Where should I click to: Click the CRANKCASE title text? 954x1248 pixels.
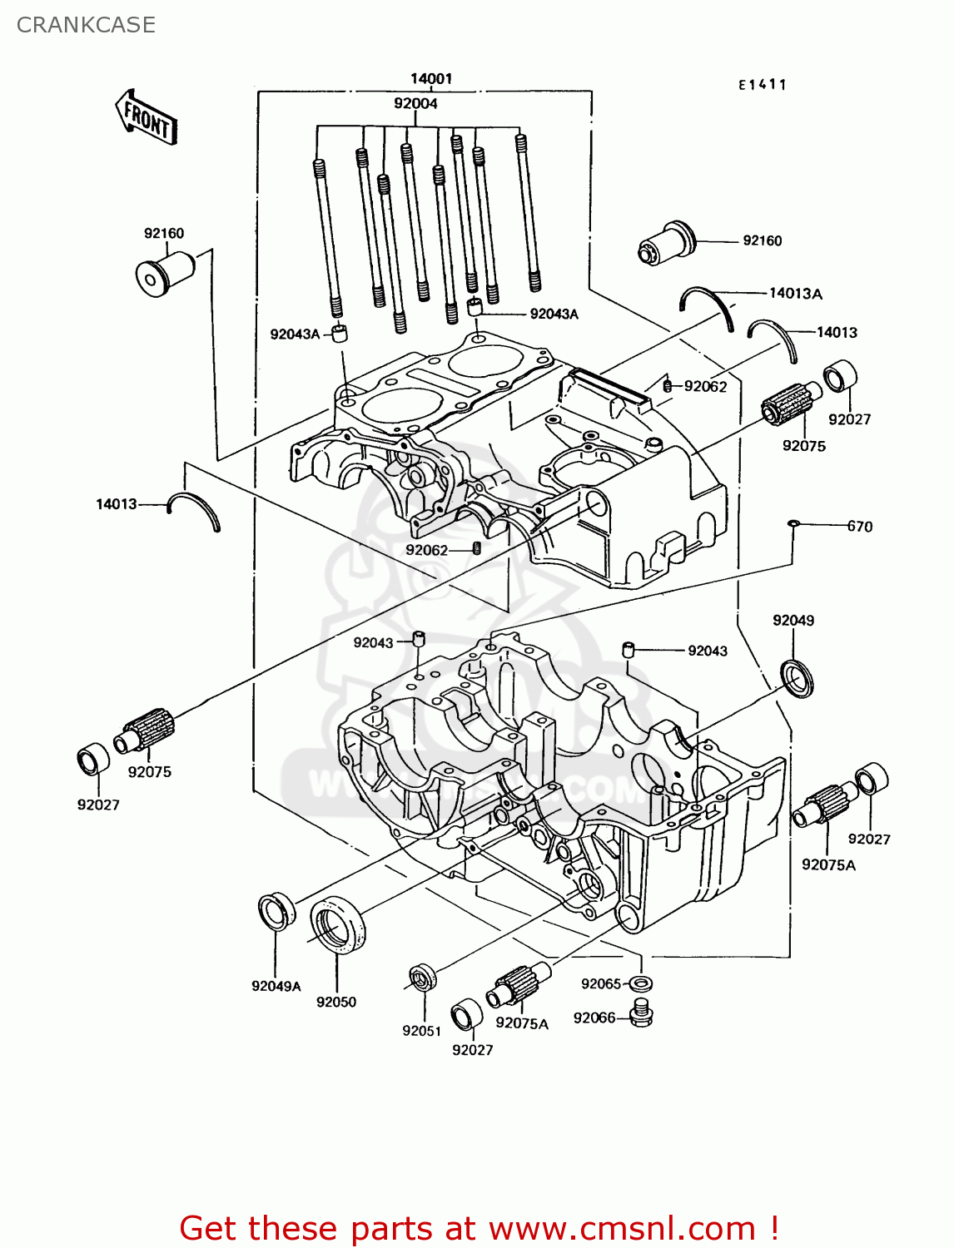click(86, 25)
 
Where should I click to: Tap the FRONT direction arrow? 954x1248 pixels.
click(147, 118)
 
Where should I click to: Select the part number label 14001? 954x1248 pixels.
click(431, 79)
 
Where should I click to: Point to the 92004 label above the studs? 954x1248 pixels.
click(415, 103)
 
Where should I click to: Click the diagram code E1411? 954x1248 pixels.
click(762, 84)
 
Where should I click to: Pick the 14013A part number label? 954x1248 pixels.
click(795, 293)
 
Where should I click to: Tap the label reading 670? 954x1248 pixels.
click(859, 526)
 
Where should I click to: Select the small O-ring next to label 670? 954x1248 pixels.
click(793, 523)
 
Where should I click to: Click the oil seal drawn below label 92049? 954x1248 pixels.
click(797, 677)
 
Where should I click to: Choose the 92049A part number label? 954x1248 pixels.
click(276, 986)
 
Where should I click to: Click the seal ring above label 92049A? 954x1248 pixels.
click(276, 911)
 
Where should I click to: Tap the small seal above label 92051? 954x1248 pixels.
click(422, 977)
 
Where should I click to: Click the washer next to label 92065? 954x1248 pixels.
click(640, 983)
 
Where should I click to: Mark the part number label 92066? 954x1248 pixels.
click(594, 1018)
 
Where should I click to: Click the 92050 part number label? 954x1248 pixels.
click(336, 1002)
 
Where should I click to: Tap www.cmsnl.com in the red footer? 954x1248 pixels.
click(622, 1228)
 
